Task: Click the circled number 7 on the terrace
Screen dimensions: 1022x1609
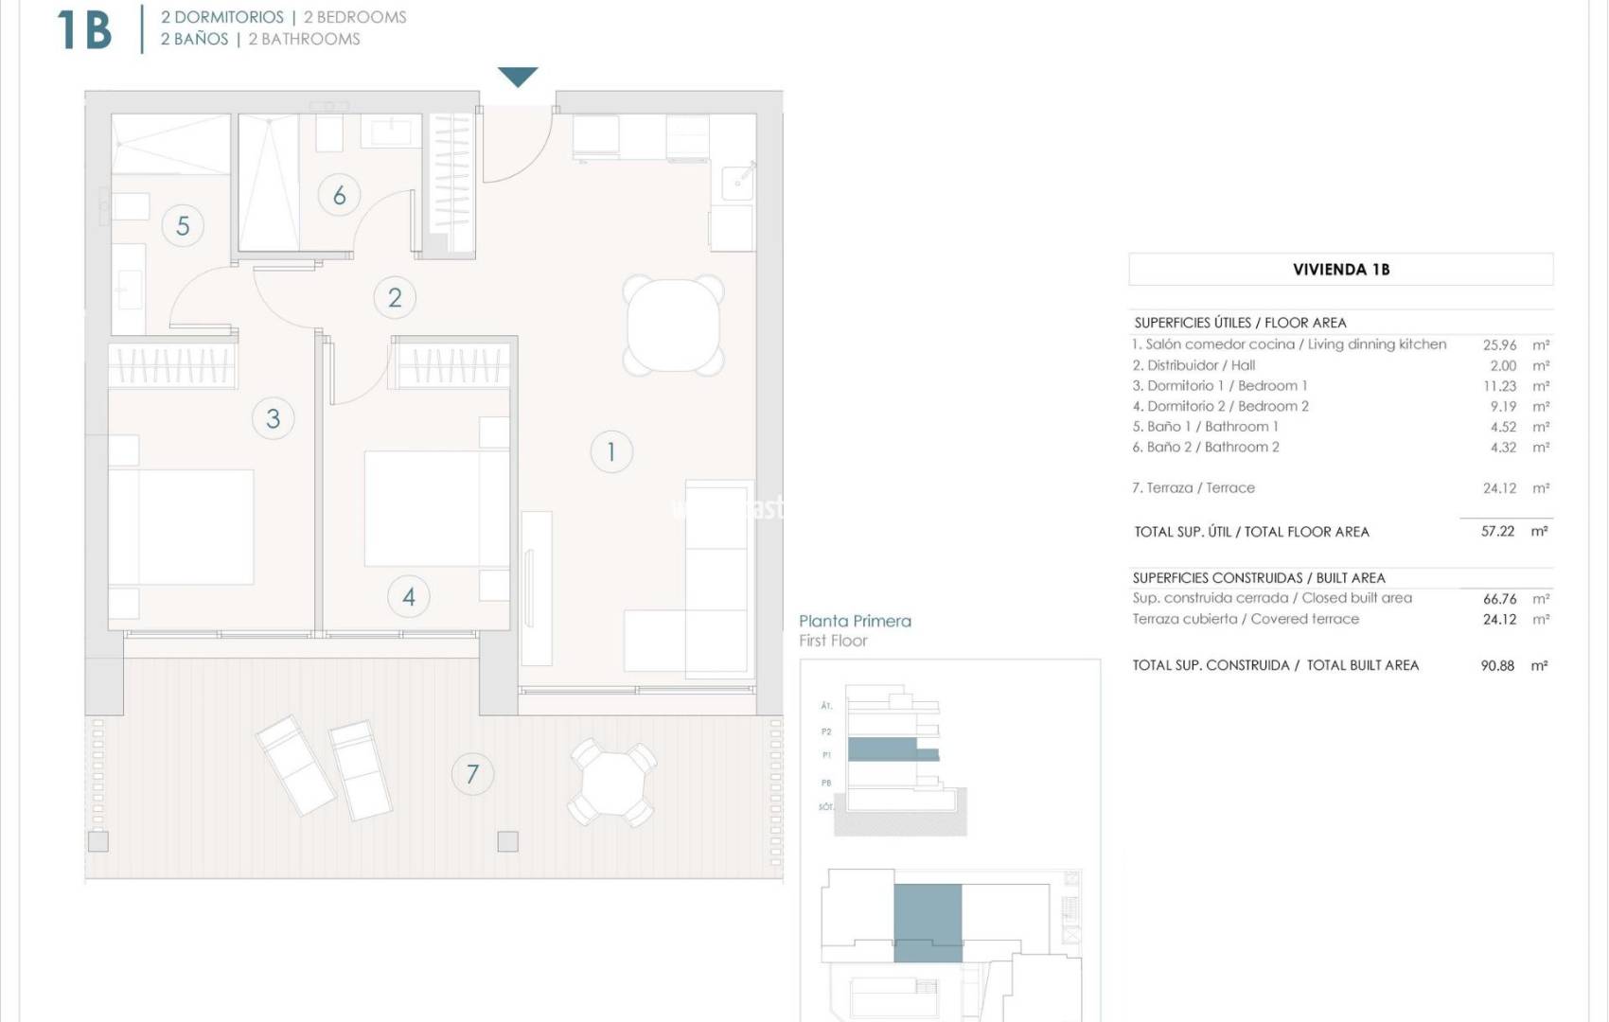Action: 472,774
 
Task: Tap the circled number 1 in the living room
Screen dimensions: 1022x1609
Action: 611,451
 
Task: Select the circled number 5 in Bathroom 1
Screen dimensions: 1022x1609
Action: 183,225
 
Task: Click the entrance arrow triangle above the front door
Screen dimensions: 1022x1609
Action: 518,76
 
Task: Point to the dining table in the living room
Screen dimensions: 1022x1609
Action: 674,325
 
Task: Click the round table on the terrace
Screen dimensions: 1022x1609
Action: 612,784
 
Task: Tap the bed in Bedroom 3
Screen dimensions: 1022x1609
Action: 182,526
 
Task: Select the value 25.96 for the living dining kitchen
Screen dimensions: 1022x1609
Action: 1499,345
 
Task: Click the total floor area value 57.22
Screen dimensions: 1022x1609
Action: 1497,532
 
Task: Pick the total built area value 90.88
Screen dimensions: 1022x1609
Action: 1497,666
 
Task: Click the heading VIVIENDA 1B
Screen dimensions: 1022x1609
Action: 1341,270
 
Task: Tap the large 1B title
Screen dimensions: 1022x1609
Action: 84,29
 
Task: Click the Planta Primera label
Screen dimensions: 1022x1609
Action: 855,622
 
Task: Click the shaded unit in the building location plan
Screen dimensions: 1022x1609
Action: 928,922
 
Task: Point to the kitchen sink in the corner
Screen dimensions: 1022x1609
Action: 738,180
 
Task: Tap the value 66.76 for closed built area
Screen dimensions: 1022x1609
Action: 1499,599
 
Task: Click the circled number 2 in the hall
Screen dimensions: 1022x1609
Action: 395,297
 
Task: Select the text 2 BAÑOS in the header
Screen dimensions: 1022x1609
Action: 194,39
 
